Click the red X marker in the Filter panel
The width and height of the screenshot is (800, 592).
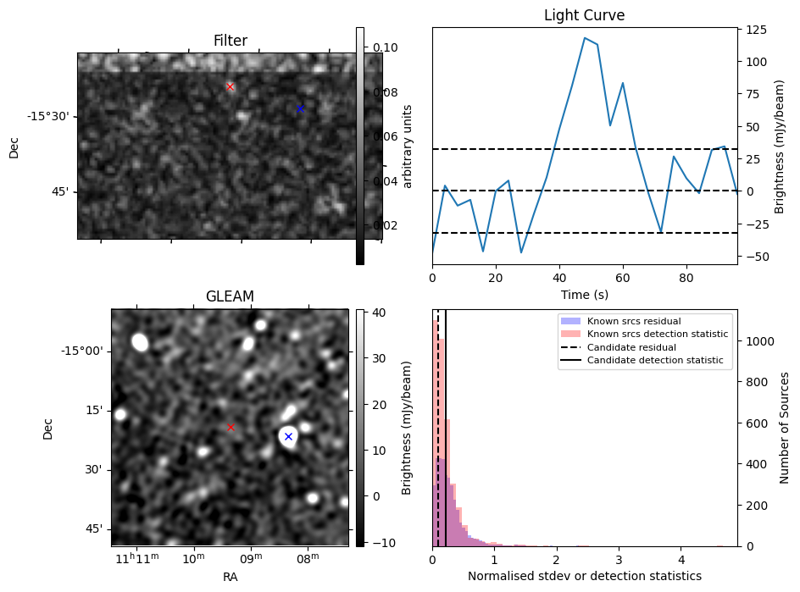point(230,86)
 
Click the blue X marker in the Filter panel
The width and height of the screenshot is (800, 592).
point(300,108)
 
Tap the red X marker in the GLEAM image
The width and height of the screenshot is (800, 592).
point(231,428)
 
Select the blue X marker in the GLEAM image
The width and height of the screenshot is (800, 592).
point(288,436)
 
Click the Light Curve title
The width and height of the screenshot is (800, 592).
point(584,15)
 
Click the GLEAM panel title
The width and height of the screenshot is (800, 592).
point(230,296)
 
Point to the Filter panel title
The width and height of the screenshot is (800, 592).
point(230,41)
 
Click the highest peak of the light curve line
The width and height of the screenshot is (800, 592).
point(585,37)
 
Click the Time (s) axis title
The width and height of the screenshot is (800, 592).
point(584,294)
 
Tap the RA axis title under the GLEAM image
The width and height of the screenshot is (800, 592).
point(230,577)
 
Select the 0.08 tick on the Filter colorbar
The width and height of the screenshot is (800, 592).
point(386,91)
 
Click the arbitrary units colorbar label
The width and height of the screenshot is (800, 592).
point(408,146)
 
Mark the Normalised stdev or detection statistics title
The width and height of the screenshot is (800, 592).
point(584,576)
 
